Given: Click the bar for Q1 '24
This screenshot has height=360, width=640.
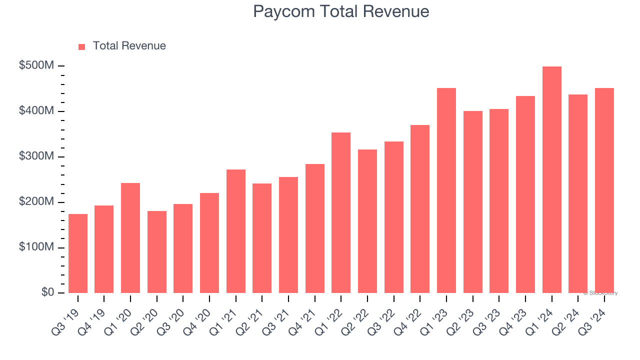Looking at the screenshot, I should point(551,179).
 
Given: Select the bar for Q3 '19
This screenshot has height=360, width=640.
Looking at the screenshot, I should point(78,253).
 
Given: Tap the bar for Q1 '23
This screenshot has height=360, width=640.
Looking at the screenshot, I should point(446,190).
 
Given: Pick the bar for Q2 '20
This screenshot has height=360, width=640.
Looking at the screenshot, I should point(157,252).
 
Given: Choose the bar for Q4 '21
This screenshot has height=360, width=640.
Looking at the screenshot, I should point(315,228).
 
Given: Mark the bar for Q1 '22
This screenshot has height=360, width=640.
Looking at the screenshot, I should point(341,212).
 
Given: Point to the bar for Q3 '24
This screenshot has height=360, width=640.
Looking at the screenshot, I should point(604,190).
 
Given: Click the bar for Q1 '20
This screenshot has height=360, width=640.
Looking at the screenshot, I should point(130,238).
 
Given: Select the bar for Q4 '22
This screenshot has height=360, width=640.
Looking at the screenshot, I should point(420,209).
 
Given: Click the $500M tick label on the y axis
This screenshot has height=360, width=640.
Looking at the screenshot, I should point(37,66).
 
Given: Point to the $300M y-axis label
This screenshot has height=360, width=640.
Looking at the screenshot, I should point(37,156).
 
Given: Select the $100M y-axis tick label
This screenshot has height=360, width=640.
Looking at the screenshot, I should point(37,247).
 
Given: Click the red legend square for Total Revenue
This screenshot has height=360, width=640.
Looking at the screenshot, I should point(82,46).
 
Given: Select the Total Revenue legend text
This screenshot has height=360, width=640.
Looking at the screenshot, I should point(129,46).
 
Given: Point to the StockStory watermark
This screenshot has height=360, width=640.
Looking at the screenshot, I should point(600,293).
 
